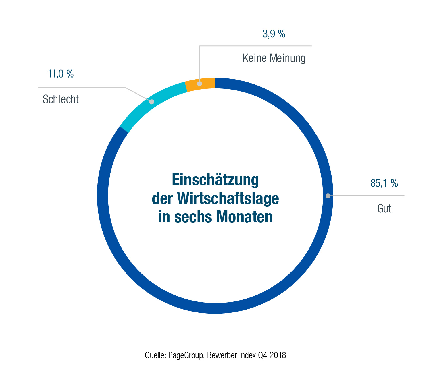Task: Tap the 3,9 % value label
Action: [x=274, y=34]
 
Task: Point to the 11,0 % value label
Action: [x=61, y=74]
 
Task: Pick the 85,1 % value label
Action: [x=384, y=183]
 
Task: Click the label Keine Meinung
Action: [x=274, y=58]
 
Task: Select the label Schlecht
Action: [x=61, y=99]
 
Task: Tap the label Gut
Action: [x=384, y=208]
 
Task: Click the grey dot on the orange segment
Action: [x=199, y=84]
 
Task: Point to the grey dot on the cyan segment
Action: [x=152, y=102]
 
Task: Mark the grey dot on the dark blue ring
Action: [x=328, y=196]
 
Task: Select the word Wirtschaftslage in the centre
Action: [x=228, y=198]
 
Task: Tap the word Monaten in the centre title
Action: [x=245, y=217]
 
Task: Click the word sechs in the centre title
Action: [x=193, y=217]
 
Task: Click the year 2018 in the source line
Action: [x=278, y=355]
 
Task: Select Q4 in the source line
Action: [x=263, y=355]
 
